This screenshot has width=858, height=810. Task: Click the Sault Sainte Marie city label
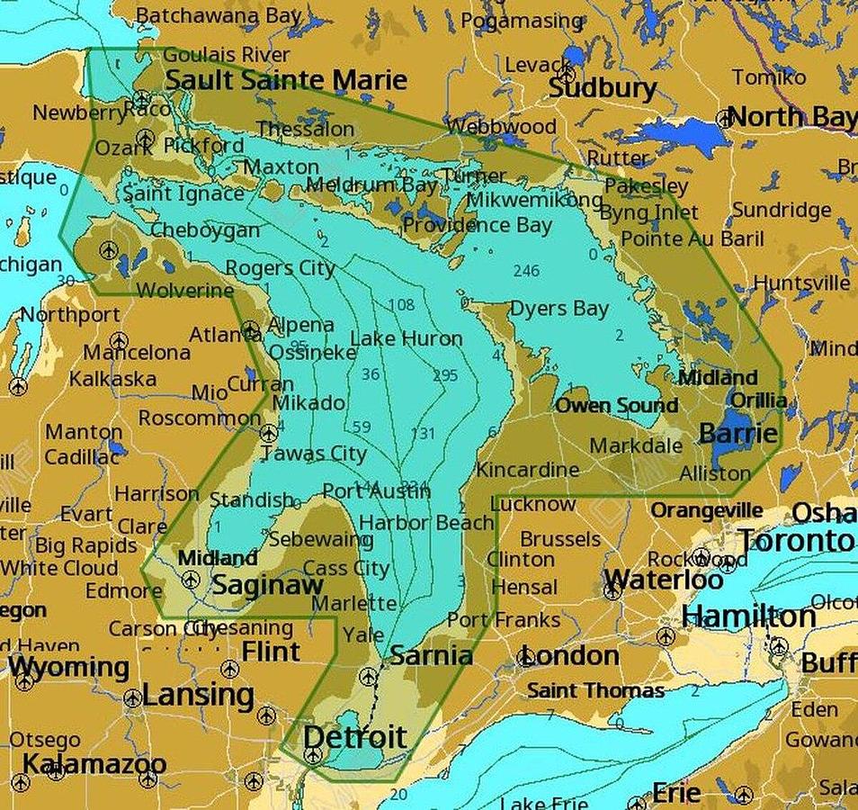[286, 80]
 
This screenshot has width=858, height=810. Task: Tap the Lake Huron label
[406, 338]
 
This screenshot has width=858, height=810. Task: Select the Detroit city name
[354, 737]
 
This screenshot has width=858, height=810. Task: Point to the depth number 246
[526, 270]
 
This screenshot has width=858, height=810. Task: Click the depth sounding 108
[401, 304]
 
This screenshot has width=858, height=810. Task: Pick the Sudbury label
[602, 88]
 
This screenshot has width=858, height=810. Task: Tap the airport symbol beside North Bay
[723, 118]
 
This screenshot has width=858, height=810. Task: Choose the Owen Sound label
[616, 406]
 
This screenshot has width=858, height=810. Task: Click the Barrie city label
[737, 434]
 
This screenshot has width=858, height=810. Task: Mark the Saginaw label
[267, 585]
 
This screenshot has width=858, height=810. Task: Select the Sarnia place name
[432, 655]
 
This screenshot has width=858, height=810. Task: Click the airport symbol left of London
[526, 658]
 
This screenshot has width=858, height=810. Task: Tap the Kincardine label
[527, 470]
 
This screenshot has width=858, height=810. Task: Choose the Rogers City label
[280, 268]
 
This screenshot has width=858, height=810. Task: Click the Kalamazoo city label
[94, 764]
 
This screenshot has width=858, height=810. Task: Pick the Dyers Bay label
[559, 309]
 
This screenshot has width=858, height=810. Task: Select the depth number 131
[423, 434]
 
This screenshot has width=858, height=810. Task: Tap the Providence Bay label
[477, 225]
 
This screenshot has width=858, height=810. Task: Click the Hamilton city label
[748, 616]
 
